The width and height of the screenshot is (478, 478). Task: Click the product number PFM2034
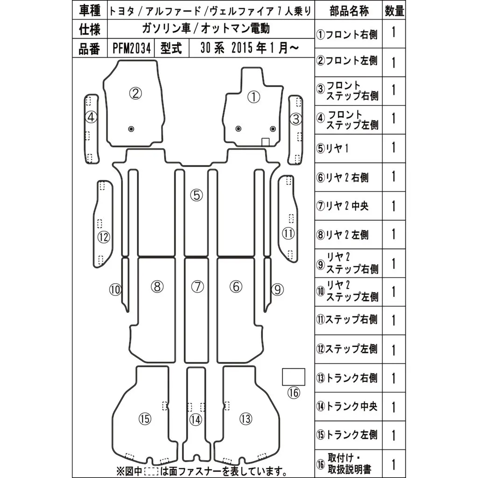[132, 49]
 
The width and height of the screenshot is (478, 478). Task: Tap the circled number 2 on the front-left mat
[135, 94]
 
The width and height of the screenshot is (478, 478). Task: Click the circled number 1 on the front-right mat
[253, 97]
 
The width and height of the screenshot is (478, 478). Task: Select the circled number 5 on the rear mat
[197, 195]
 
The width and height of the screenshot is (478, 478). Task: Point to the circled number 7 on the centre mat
[197, 287]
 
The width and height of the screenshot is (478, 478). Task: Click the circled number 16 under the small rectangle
[293, 394]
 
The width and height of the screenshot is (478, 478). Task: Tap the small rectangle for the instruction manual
[293, 377]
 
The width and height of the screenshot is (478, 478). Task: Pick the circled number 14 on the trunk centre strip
[196, 420]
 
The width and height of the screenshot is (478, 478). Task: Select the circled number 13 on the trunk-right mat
[246, 419]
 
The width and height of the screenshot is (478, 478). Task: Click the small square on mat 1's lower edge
[265, 141]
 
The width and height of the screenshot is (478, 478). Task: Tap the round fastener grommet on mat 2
[131, 128]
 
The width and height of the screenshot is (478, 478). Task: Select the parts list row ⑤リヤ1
[333, 148]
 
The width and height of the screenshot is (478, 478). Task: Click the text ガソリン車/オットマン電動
[206, 29]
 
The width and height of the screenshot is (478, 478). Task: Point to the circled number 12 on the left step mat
[103, 237]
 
